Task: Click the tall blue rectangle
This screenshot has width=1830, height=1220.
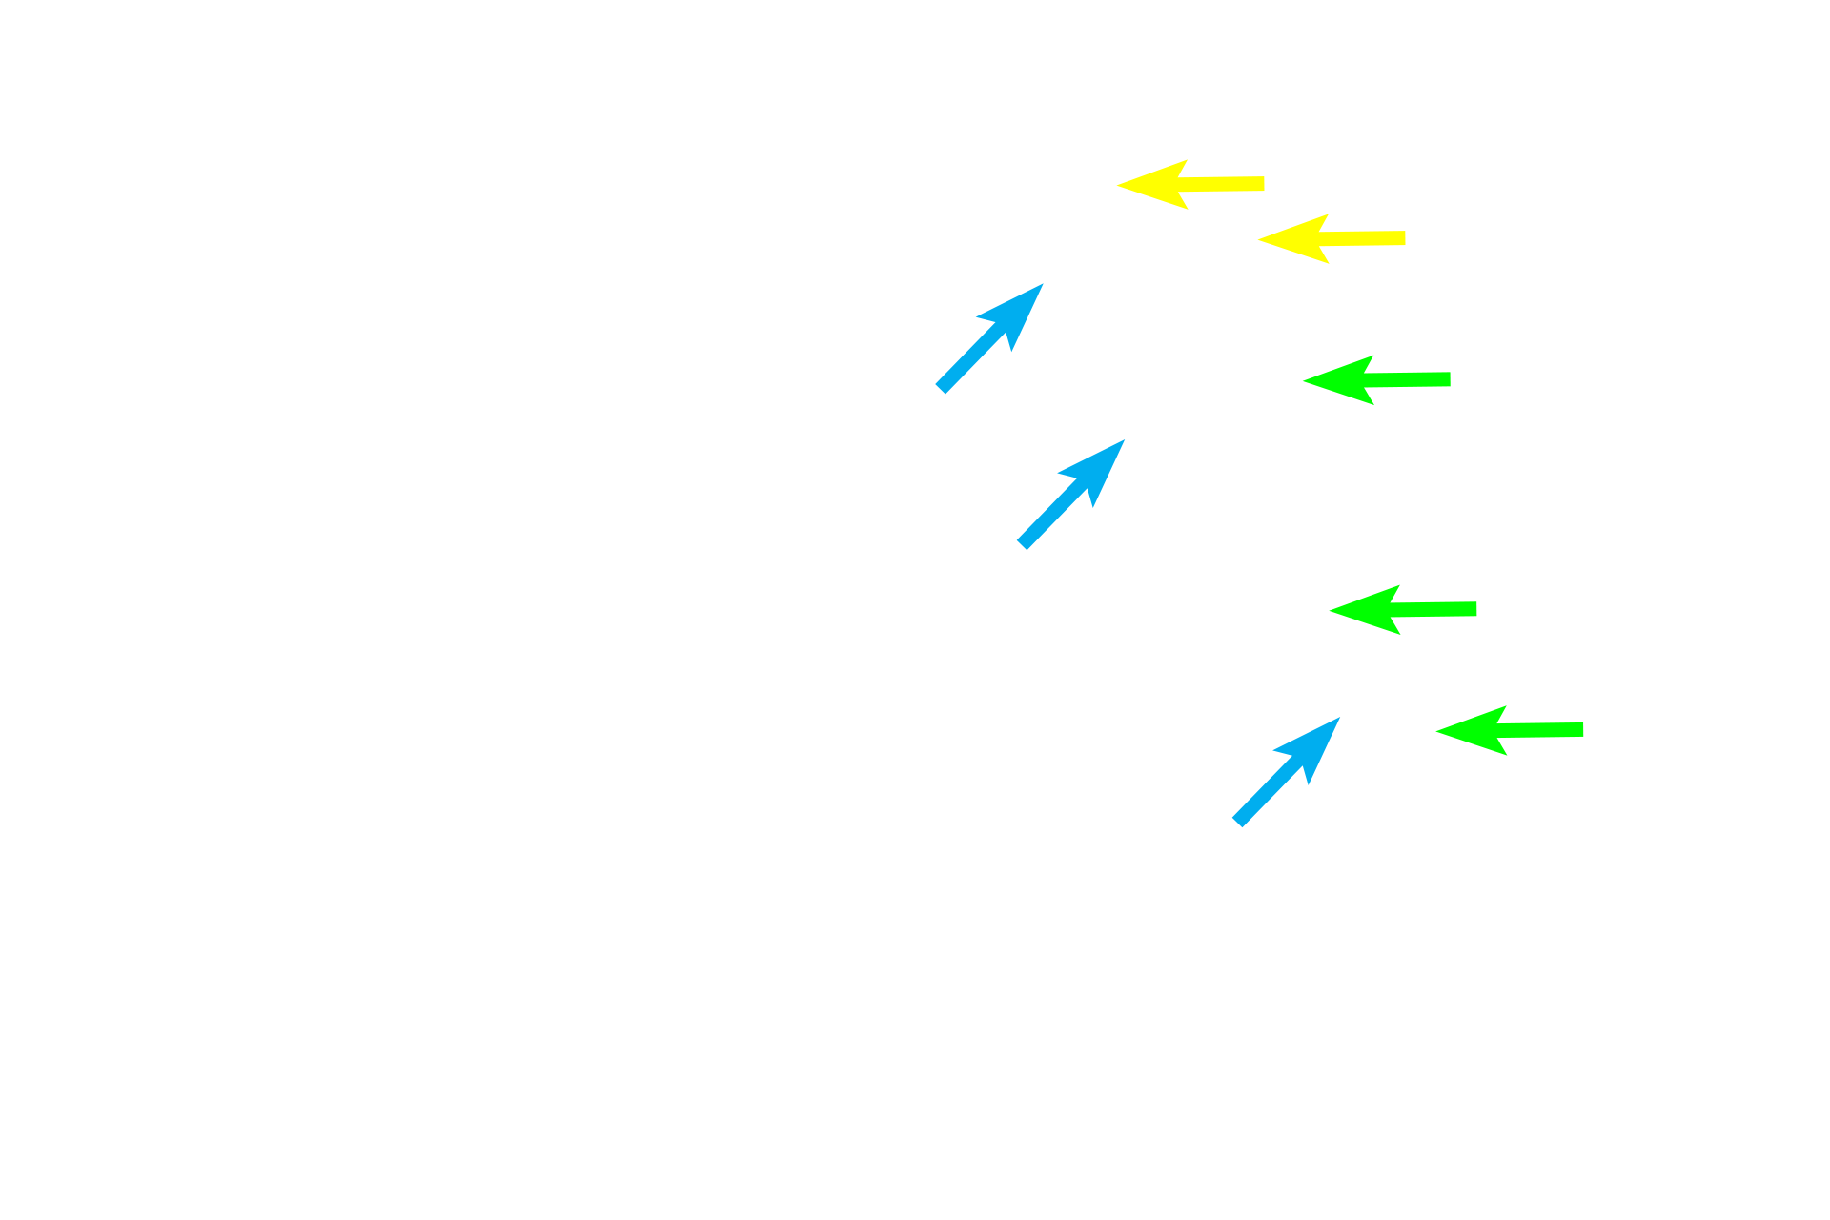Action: click(989, 276)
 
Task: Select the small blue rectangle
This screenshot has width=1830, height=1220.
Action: click(1303, 185)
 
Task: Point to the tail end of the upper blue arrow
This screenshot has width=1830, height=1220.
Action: click(1023, 544)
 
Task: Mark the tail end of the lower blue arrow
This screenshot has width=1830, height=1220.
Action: click(1238, 821)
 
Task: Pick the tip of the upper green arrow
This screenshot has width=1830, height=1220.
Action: click(1305, 380)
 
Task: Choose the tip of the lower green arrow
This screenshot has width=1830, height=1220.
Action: click(1332, 610)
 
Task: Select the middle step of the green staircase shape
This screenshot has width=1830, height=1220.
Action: click(1442, 643)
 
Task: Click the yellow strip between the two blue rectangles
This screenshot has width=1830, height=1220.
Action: click(1154, 186)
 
